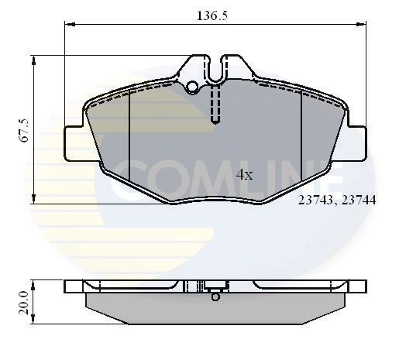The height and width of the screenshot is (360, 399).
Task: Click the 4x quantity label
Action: pos(244,175)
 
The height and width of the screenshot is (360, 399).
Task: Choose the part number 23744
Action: pos(359,199)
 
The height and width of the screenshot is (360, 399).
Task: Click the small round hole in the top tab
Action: pos(193,86)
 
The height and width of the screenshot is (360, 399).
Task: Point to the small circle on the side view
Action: pos(216,295)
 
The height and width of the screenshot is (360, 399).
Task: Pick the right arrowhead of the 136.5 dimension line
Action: pos(363,24)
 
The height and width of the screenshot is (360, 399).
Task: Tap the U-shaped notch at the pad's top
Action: pos(216,68)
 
